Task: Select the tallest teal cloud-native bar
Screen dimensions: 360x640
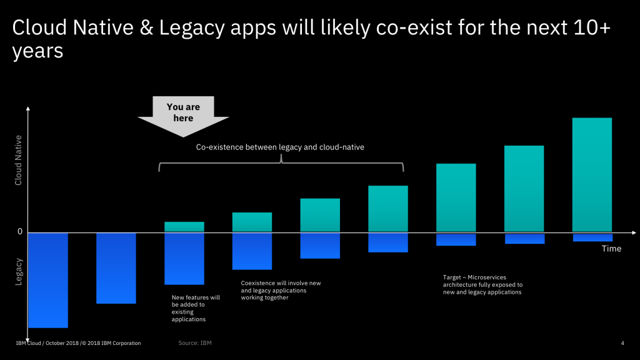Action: [592, 174]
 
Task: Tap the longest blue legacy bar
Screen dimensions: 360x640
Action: [47, 280]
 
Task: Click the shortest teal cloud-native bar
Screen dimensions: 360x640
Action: [184, 227]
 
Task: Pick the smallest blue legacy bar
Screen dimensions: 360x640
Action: [592, 237]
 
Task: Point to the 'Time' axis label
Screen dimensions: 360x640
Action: [611, 249]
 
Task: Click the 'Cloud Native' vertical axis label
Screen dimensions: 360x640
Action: [19, 160]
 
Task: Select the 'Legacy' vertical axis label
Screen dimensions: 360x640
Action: [19, 272]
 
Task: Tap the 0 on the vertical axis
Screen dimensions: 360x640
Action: [20, 232]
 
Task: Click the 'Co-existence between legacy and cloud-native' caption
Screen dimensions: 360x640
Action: [280, 147]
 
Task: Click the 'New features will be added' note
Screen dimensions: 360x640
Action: [196, 308]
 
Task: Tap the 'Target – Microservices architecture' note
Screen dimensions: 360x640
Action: [482, 284]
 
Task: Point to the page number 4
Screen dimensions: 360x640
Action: [622, 343]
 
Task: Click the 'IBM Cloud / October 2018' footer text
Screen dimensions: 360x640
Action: [78, 343]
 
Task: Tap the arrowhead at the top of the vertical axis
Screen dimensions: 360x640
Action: [28, 110]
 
